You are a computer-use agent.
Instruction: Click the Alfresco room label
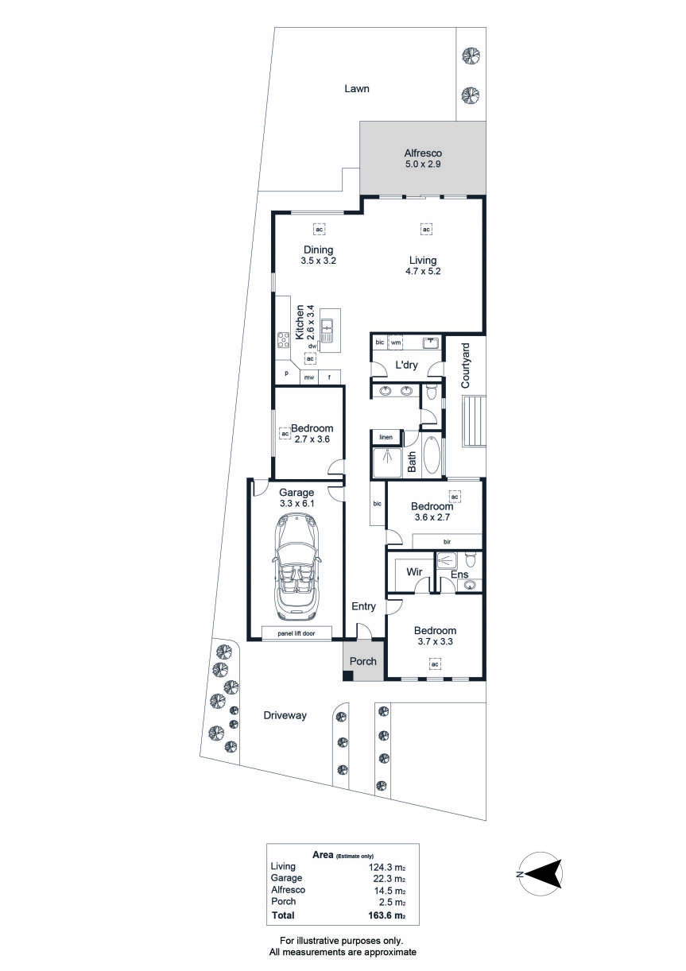[423, 153]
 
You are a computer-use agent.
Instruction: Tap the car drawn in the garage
[296, 567]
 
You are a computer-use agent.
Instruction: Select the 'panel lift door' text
[296, 633]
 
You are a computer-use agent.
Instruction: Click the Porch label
[363, 661]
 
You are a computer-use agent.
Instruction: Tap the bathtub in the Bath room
[432, 455]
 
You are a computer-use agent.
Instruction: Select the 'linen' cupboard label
[386, 437]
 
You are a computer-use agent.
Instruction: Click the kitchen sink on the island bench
[327, 330]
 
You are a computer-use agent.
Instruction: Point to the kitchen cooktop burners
[284, 339]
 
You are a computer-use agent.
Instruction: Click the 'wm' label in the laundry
[396, 342]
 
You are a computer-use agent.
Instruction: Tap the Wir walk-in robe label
[414, 572]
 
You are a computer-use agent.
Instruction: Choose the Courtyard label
[465, 366]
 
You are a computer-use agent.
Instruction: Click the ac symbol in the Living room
[426, 229]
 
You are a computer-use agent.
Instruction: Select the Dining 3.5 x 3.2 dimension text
[319, 261]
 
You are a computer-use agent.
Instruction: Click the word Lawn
[357, 88]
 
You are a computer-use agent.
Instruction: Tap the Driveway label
[285, 715]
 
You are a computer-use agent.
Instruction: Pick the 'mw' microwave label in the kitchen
[308, 377]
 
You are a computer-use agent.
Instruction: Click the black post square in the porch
[348, 675]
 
